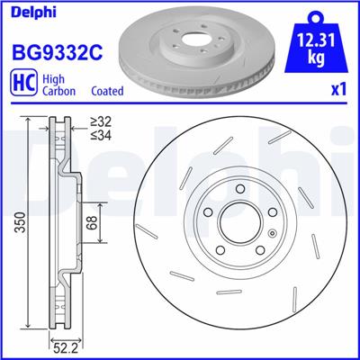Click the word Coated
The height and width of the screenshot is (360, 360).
107,91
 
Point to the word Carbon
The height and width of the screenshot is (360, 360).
60,91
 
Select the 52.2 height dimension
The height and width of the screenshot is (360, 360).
62,345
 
